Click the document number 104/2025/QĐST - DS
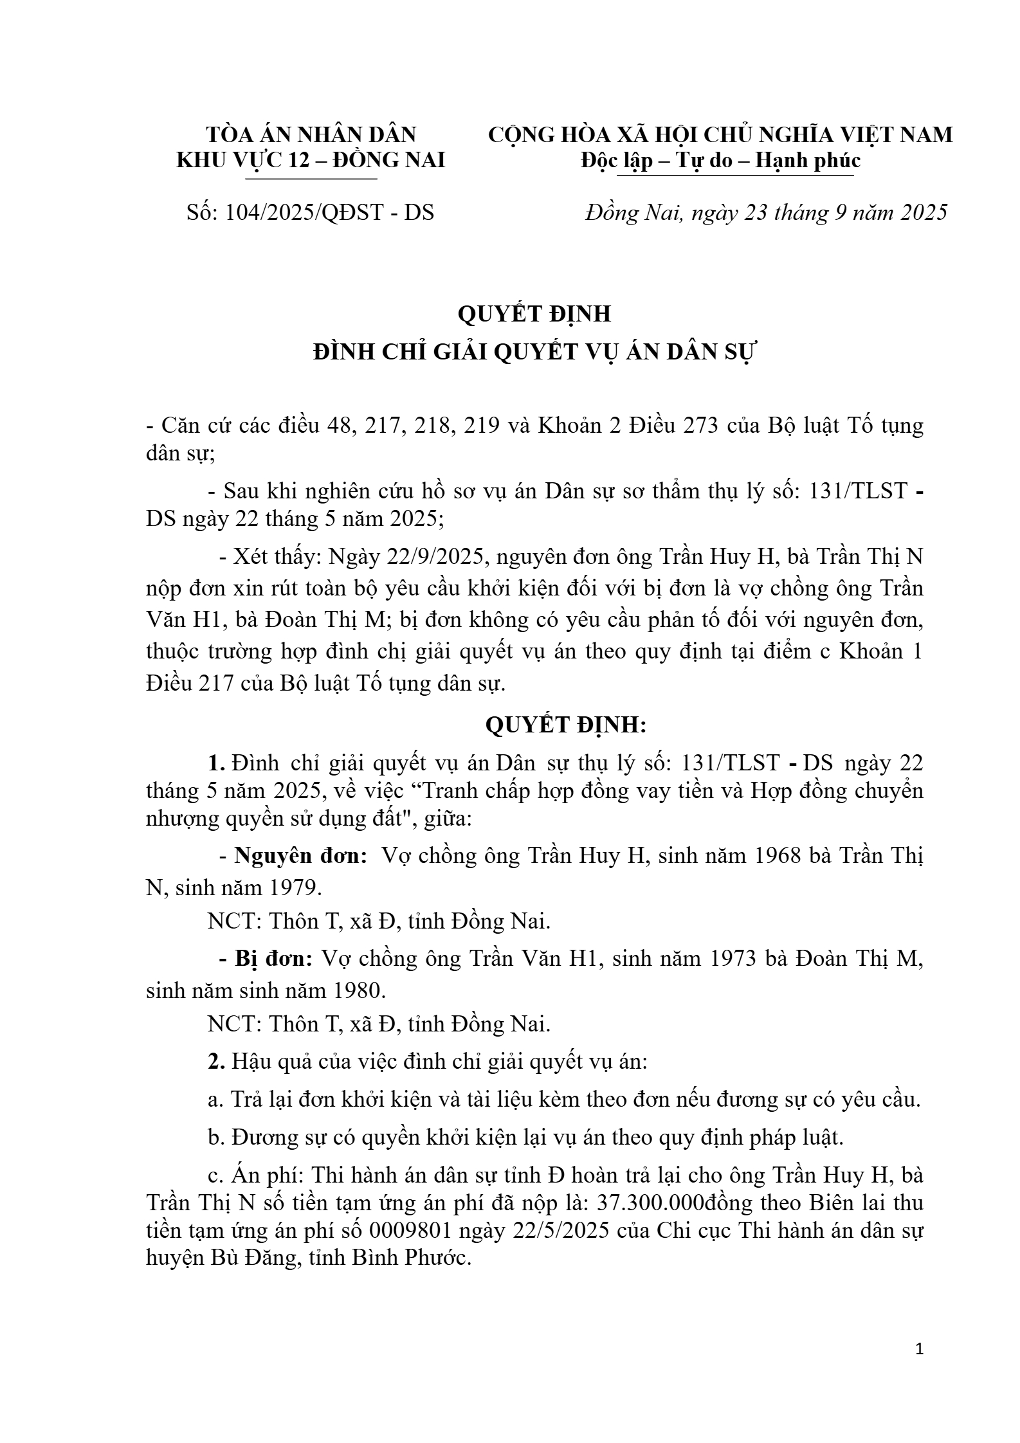[329, 213]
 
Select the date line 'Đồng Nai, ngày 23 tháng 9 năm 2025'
[766, 213]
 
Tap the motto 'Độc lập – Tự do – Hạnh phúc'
[720, 160]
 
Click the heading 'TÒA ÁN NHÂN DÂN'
[311, 134]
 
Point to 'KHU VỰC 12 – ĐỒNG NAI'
[311, 160]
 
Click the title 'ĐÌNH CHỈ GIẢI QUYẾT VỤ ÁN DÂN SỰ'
[535, 353]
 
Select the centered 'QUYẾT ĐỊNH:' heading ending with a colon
[565, 725]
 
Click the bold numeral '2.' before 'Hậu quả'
[216, 1062]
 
